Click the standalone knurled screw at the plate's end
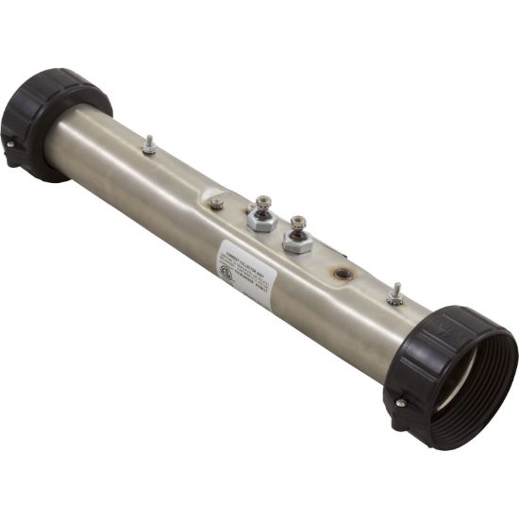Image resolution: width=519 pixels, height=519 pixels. tap(217, 202)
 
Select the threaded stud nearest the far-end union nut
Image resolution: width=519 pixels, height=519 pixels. tap(148, 144)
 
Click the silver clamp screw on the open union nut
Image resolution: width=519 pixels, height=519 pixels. tap(401, 403)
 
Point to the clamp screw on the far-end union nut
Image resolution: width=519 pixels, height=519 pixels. tap(10, 144)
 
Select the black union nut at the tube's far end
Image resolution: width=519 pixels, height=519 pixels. tap(47, 123)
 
